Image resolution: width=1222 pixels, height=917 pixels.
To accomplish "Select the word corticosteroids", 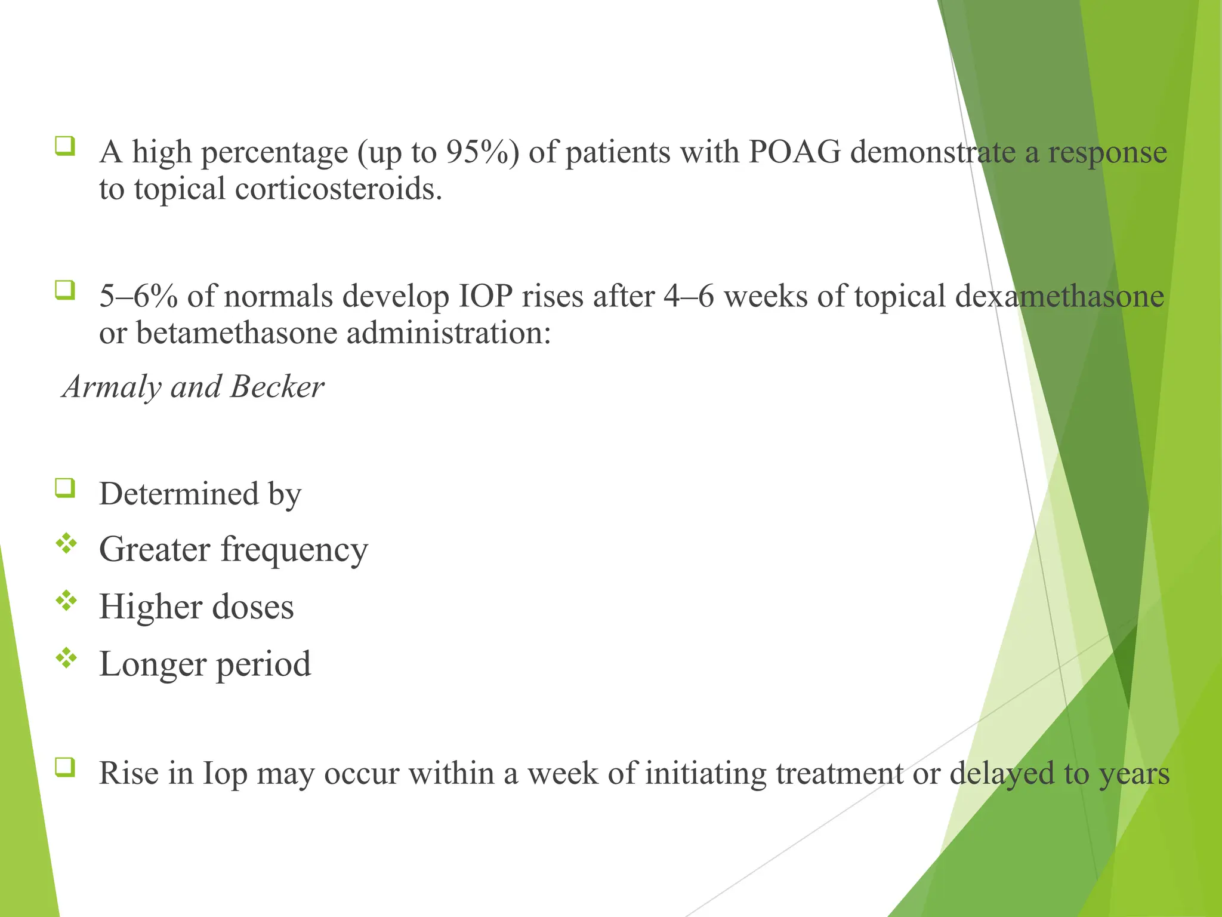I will click(x=338, y=189).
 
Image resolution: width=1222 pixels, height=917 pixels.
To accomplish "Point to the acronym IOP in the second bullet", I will click(x=485, y=297).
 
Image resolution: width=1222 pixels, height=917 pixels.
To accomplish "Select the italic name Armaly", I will click(x=112, y=387).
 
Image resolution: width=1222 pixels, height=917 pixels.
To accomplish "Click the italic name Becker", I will click(x=277, y=387).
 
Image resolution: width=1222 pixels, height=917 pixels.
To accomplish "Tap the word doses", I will click(x=252, y=607).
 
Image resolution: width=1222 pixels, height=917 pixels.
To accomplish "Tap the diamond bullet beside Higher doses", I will click(x=66, y=601).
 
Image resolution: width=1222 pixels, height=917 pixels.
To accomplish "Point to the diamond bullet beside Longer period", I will click(x=66, y=658).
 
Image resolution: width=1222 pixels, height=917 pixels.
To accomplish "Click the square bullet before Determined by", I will click(x=65, y=488).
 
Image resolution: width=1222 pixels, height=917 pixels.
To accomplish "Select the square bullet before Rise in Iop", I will click(x=65, y=767).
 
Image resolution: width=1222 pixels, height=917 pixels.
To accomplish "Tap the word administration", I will click(x=448, y=333).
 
